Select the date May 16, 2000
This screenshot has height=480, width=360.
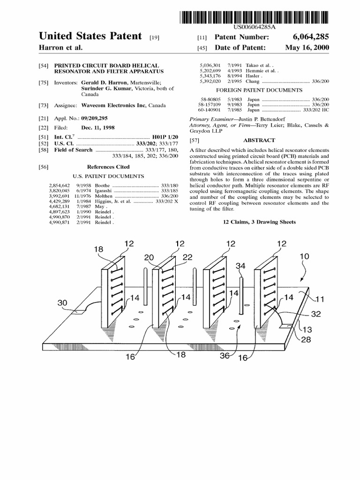coord(307,48)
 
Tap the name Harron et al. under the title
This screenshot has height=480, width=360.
coord(60,48)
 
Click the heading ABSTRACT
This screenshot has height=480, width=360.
coord(259,140)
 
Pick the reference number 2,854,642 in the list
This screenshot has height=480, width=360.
coord(59,185)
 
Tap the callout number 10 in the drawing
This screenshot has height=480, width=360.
coord(304,256)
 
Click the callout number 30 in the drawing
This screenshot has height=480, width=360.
coord(63,303)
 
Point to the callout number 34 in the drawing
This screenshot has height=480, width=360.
coord(240,266)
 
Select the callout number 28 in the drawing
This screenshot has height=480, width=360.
coord(306,339)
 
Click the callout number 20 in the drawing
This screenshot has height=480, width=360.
coord(149,257)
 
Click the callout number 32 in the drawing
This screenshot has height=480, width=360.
coord(316,314)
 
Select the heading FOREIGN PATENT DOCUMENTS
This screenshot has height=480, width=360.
coord(259,90)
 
